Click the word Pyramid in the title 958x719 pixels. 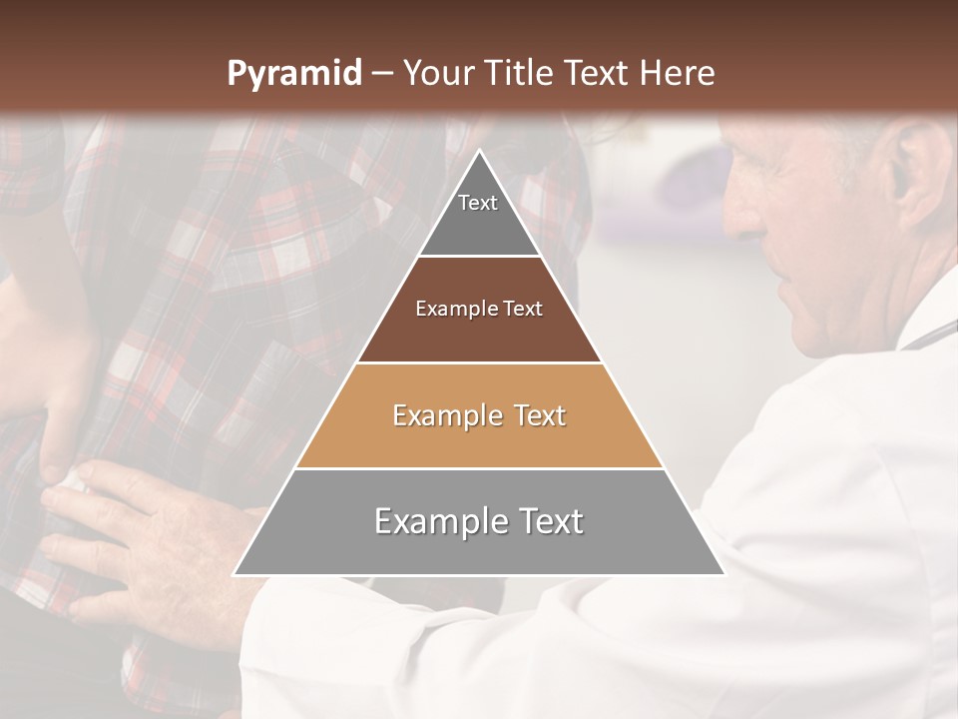pos(294,73)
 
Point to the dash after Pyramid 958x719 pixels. pos(382,74)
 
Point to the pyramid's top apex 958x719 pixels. pos(479,152)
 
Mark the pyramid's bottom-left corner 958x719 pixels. pos(236,574)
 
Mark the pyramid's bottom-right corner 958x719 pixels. pos(722,574)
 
